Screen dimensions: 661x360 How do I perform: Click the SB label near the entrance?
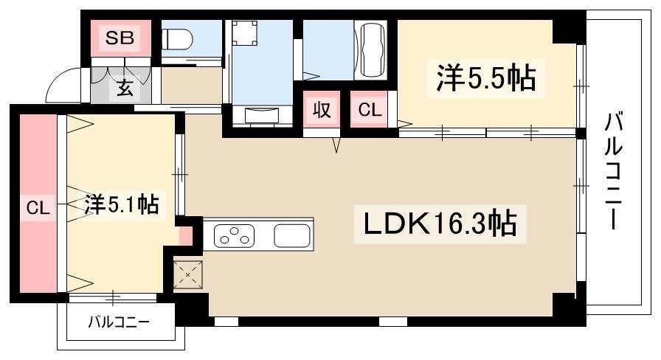120,38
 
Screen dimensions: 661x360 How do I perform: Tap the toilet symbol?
177,39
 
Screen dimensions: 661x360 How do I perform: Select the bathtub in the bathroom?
371,49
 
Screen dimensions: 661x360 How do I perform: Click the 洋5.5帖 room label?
485,78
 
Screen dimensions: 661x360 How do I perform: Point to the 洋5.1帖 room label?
122,205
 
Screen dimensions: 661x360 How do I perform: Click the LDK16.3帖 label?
440,224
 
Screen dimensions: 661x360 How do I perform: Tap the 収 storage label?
322,110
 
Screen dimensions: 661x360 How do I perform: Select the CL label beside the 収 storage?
370,110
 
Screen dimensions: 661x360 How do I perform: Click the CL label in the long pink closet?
38,208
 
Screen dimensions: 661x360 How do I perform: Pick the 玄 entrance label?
125,89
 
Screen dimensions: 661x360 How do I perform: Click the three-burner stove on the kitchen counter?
234,235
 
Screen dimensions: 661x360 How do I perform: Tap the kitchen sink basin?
292,235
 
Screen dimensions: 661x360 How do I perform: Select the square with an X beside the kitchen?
188,275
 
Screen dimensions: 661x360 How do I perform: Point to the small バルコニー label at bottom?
119,323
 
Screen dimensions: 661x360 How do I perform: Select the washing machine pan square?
244,33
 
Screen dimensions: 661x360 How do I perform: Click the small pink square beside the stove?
185,235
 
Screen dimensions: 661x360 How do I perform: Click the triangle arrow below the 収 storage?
336,145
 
